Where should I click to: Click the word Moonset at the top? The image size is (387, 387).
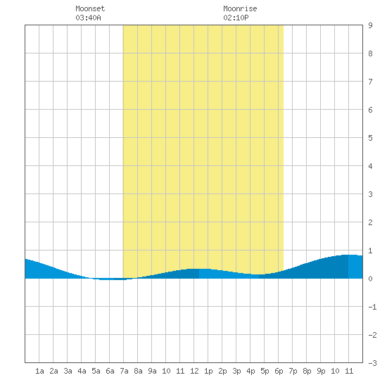[90, 8]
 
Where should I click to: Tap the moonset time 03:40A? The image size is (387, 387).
[88, 18]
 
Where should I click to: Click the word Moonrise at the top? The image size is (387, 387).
[240, 8]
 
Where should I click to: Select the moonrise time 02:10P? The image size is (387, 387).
[236, 18]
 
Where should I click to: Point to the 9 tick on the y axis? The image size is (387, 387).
[370, 25]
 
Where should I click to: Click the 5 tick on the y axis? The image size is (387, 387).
[370, 138]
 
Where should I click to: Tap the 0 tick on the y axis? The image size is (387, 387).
[370, 279]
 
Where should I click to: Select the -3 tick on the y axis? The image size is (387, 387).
[372, 363]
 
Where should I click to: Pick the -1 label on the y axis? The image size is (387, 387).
[372, 307]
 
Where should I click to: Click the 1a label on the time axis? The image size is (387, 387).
[39, 371]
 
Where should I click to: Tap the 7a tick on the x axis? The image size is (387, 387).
[124, 371]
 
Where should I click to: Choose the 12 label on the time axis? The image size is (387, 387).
[194, 371]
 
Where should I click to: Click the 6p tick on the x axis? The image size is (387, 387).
[279, 371]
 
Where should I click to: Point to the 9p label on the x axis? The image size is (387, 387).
[321, 371]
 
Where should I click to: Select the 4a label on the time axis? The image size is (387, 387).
[82, 371]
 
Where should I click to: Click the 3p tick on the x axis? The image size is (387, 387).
[236, 371]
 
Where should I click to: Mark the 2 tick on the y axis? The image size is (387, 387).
[370, 222]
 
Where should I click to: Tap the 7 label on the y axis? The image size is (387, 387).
[370, 82]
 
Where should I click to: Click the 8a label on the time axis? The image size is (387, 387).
[138, 371]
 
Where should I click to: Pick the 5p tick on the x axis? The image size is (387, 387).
[265, 371]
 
